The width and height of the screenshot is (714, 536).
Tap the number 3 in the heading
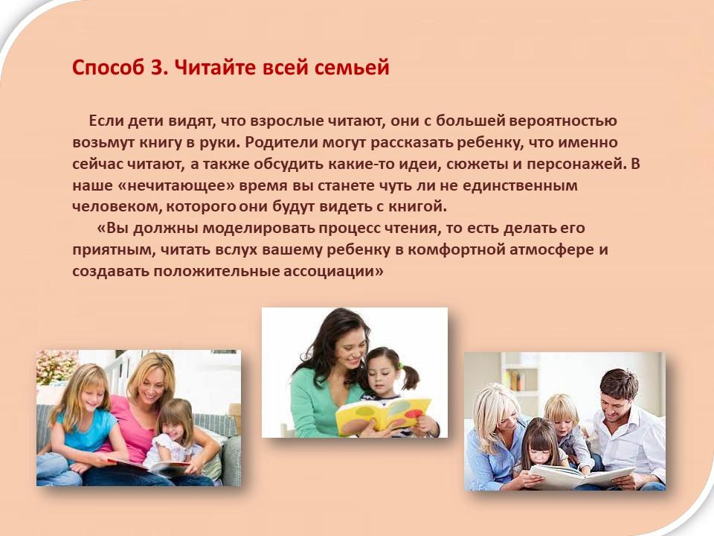click(x=156, y=68)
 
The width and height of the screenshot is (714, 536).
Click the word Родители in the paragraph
click(x=281, y=143)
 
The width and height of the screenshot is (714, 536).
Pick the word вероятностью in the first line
click(x=563, y=121)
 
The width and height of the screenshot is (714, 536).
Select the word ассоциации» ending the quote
click(x=334, y=272)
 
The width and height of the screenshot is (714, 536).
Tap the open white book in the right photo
click(x=580, y=476)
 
